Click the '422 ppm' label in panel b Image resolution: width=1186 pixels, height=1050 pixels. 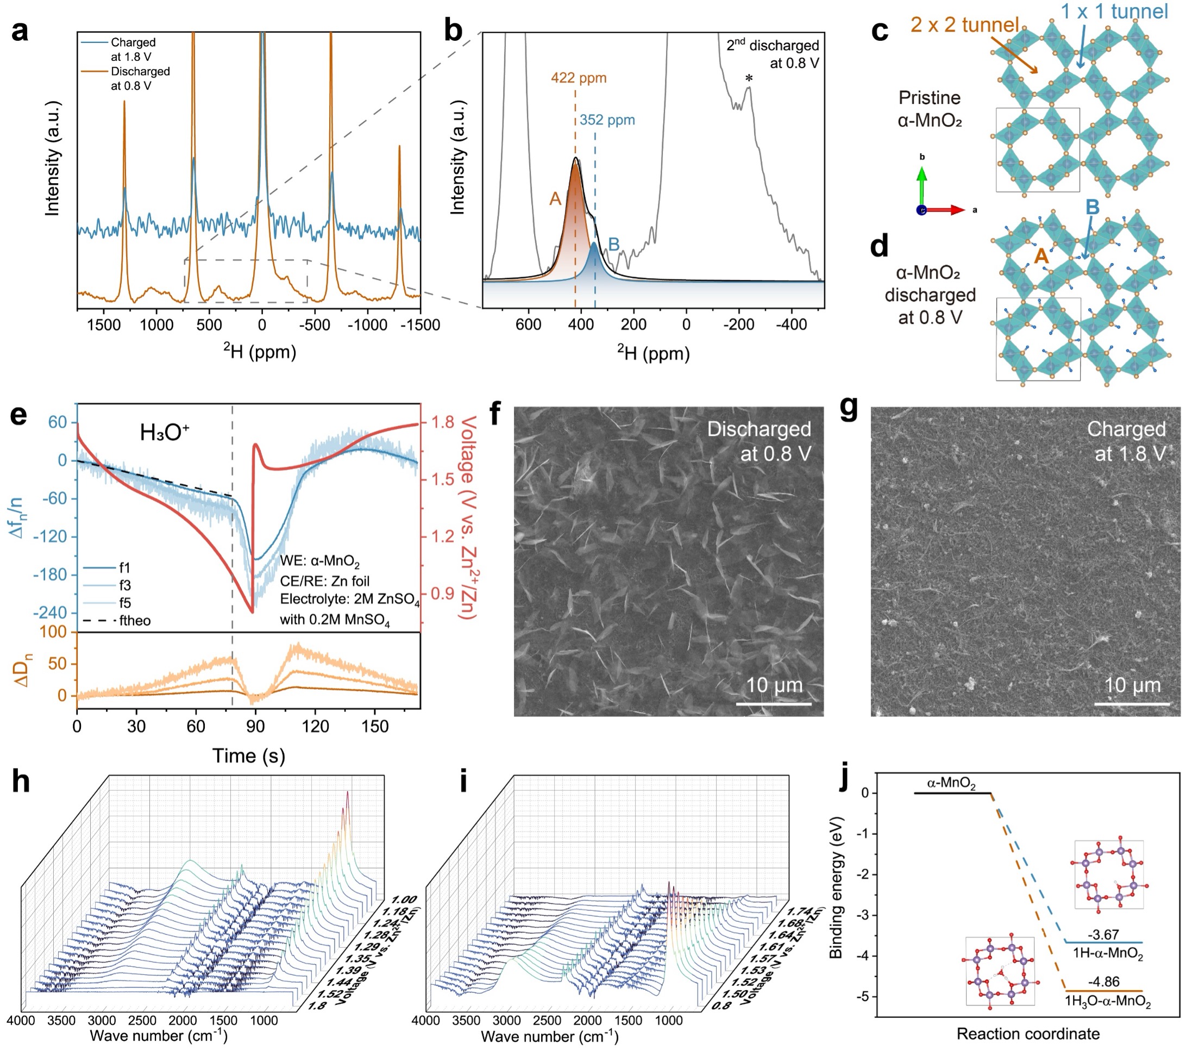579,78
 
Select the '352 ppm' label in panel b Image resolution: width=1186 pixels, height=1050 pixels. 607,120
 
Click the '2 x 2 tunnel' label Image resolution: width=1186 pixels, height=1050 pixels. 964,24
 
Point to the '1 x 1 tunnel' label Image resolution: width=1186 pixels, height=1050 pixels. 1114,11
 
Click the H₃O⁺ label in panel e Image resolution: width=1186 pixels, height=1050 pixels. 165,433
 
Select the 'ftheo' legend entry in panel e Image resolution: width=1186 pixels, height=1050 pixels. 135,621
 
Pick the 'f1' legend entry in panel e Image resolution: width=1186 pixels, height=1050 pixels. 125,567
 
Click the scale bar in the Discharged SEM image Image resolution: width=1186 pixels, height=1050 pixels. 774,704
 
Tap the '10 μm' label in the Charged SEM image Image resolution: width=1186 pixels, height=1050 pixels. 1132,685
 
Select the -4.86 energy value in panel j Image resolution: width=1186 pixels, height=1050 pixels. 1103,982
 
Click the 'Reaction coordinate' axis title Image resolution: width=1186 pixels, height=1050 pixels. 1027,1034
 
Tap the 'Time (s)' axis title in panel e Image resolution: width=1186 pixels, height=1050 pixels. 248,756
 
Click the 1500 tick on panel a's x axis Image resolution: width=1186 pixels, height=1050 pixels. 104,324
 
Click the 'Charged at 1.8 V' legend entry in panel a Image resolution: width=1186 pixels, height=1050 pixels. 133,49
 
